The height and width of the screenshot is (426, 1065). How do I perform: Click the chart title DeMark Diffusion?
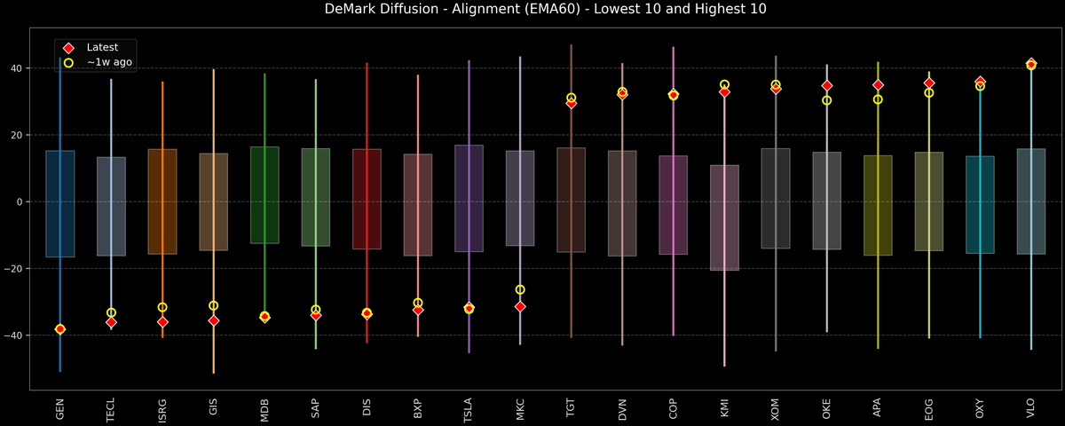tap(532, 10)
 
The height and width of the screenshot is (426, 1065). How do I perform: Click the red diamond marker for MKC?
tap(520, 306)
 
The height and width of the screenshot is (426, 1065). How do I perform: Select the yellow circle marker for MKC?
tap(520, 289)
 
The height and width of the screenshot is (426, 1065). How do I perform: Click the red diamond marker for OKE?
tap(827, 86)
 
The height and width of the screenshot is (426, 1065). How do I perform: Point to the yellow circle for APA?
tap(878, 99)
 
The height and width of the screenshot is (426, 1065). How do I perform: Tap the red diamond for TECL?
tap(111, 322)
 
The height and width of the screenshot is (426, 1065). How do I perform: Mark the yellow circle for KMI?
tap(724, 84)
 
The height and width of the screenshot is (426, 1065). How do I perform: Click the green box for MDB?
tap(264, 195)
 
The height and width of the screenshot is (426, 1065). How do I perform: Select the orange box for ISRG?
tap(162, 201)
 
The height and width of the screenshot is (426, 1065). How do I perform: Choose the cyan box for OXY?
tap(980, 205)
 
